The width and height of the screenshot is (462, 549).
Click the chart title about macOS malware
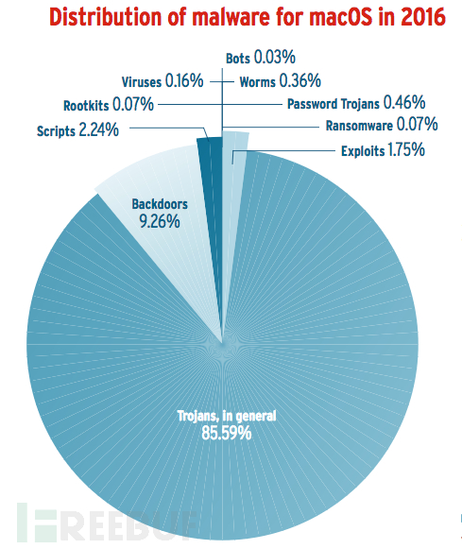pos(248,17)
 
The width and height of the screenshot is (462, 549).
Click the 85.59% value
pos(227,433)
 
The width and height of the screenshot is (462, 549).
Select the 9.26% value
pos(160,221)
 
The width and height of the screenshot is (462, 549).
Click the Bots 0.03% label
pos(261,58)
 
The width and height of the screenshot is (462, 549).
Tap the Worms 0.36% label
pos(280,81)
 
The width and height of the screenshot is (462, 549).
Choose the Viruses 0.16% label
pos(163,81)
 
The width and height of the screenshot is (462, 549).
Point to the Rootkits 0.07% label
pos(109,105)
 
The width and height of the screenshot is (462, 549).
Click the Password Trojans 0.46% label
pos(356,103)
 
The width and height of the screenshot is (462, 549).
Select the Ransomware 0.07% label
pos(382,125)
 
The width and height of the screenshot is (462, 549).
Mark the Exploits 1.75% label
pos(383,150)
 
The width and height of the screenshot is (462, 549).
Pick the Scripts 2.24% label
pos(77,130)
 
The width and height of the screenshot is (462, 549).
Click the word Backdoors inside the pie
pos(160,204)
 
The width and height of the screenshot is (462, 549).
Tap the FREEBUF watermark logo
pos(105,523)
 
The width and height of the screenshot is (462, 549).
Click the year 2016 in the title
pos(423,17)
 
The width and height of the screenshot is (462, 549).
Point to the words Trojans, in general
pos(227,416)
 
